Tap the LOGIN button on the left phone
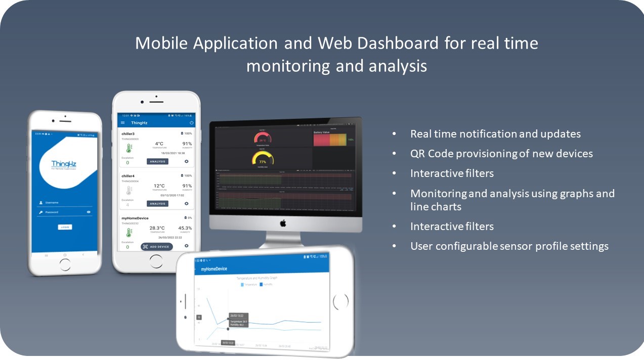click(65, 227)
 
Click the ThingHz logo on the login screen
click(63, 165)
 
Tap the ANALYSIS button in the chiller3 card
click(157, 161)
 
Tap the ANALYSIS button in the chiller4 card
click(157, 204)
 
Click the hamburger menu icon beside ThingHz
click(122, 123)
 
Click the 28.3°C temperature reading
click(157, 228)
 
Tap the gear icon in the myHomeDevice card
click(186, 246)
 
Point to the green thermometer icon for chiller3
click(128, 148)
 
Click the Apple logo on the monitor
click(283, 223)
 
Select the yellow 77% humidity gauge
click(262, 159)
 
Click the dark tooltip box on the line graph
click(238, 320)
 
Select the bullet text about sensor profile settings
click(509, 246)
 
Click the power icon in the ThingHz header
click(192, 123)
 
